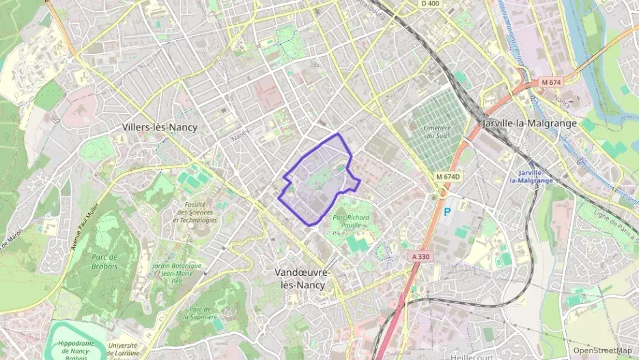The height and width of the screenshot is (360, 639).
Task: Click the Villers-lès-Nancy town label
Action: [160, 127]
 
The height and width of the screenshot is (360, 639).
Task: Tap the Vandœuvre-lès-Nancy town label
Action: [302, 278]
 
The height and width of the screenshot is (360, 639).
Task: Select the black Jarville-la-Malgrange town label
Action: [529, 124]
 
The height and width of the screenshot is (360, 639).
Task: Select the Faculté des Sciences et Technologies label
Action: [195, 212]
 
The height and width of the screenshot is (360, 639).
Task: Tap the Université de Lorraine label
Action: [122, 349]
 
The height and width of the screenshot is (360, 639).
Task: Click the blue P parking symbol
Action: [448, 212]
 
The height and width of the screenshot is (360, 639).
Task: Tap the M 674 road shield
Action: [550, 82]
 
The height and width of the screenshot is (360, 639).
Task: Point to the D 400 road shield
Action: [430, 3]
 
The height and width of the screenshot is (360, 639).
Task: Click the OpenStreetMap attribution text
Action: [602, 350]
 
